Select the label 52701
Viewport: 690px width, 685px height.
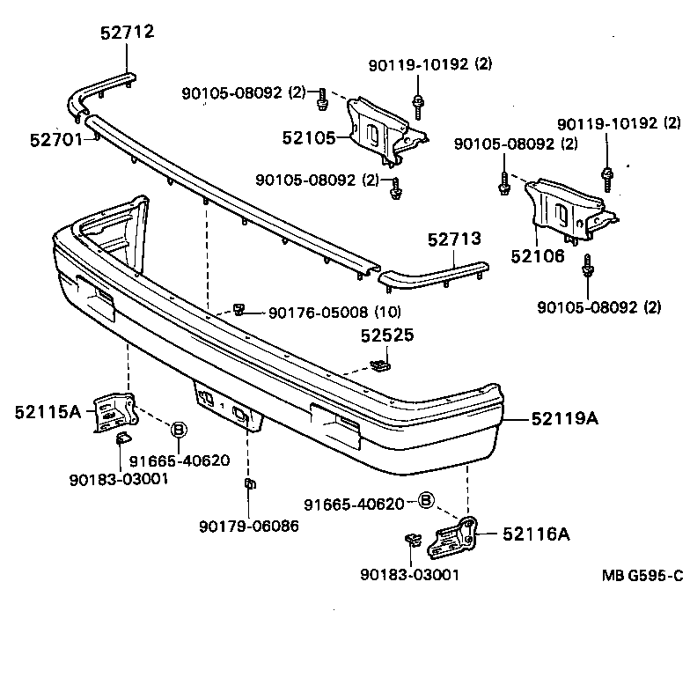pos(55,139)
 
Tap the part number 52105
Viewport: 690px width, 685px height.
pos(309,137)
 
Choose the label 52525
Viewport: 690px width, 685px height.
pos(385,335)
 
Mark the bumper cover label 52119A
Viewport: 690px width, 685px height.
pos(564,418)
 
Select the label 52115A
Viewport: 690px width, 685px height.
pos(48,410)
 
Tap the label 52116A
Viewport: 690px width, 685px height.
pos(536,534)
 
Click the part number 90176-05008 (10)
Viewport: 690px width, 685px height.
pos(334,311)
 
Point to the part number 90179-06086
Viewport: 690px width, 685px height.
pos(249,527)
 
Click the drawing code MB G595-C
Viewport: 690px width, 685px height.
pos(642,577)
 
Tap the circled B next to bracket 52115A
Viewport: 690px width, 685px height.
pos(177,430)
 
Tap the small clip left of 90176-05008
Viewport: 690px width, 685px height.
pos(239,308)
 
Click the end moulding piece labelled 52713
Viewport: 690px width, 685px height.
pos(431,274)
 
